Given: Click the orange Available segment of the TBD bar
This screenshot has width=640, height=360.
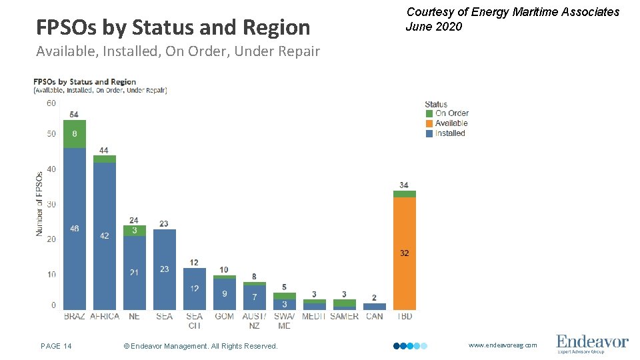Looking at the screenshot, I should (x=405, y=253).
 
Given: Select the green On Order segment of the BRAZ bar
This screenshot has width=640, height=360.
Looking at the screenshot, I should (x=75, y=134).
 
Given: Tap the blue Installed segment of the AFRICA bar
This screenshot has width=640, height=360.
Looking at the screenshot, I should (x=105, y=236).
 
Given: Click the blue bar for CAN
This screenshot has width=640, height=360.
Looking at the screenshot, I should (x=375, y=307).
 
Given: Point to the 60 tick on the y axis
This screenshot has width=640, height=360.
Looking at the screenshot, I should (x=51, y=103).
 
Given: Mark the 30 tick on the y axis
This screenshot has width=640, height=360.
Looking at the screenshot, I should (x=51, y=205).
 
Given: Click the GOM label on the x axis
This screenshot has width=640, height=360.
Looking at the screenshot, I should (x=225, y=317).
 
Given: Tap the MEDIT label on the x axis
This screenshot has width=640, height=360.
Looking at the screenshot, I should (x=314, y=317).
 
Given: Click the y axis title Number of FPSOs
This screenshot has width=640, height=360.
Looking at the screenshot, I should (x=39, y=203).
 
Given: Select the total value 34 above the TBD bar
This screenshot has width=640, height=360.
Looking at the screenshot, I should (x=405, y=185).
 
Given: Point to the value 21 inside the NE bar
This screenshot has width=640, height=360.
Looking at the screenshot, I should (x=134, y=273).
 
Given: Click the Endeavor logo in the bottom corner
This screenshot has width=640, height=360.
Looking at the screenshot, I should (x=592, y=344).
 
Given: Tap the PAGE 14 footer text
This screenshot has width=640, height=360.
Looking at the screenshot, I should (x=57, y=346).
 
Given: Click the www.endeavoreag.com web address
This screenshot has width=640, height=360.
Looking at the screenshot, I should (x=502, y=345).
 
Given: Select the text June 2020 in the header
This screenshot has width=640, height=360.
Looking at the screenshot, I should (x=433, y=27).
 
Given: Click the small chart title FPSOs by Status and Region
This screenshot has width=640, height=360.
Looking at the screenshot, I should (x=85, y=82).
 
